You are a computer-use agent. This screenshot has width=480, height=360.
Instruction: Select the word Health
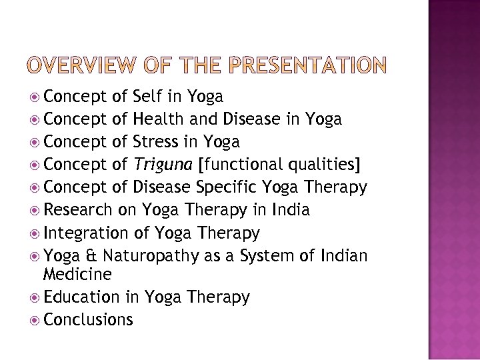(161, 119)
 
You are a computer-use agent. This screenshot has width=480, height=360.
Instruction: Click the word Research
(79, 210)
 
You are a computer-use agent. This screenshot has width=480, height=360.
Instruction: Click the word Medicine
(77, 274)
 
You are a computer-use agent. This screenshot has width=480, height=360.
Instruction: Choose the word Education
(81, 297)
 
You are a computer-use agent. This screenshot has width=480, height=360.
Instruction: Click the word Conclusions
(88, 319)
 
